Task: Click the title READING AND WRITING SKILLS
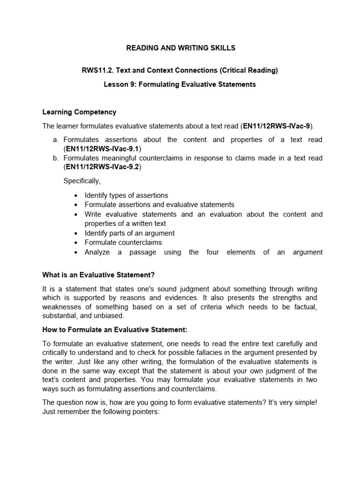click(x=180, y=48)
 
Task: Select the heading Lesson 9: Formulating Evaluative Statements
click(x=180, y=84)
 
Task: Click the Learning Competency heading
click(x=79, y=112)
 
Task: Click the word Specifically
click(x=82, y=181)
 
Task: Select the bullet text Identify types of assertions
click(x=126, y=195)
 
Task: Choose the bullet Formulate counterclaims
click(x=123, y=242)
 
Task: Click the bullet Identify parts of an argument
click(x=129, y=233)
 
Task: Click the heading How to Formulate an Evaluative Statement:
click(x=114, y=330)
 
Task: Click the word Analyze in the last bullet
click(x=97, y=252)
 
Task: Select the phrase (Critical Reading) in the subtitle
click(x=248, y=70)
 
